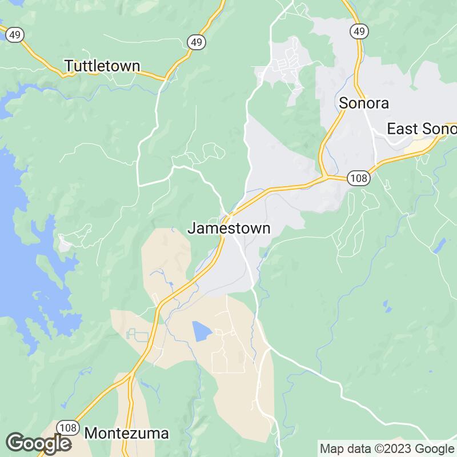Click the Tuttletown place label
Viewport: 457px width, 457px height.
102,66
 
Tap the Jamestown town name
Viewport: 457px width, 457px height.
228,229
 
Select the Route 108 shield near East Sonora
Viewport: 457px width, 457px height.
358,178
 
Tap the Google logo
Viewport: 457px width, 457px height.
38,443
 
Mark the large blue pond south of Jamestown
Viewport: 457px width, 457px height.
201,331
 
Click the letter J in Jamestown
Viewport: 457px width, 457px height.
191,229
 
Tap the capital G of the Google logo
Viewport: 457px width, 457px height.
17,443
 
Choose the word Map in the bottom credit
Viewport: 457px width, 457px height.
330,448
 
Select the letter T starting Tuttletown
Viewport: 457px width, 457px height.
69,66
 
